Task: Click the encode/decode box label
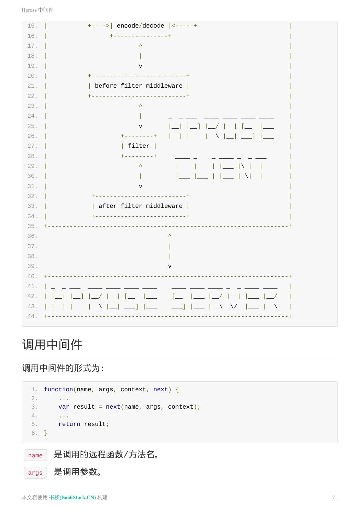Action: [140, 26]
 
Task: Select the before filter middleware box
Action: [138, 86]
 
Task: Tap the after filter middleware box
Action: [140, 206]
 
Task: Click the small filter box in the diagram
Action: [138, 146]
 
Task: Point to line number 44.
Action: [32, 316]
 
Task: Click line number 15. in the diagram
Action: [32, 26]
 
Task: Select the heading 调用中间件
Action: [52, 345]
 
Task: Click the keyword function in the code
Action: [58, 390]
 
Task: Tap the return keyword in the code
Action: [69, 424]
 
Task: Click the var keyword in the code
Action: [64, 407]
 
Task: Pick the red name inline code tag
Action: [35, 455]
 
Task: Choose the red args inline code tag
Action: [35, 473]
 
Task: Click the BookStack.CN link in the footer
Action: [72, 497]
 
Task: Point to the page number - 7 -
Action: [333, 497]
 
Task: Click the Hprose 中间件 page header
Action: [37, 10]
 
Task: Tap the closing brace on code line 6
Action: [46, 433]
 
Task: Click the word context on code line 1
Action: [133, 390]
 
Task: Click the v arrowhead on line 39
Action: [170, 266]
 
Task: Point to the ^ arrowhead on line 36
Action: [170, 236]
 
